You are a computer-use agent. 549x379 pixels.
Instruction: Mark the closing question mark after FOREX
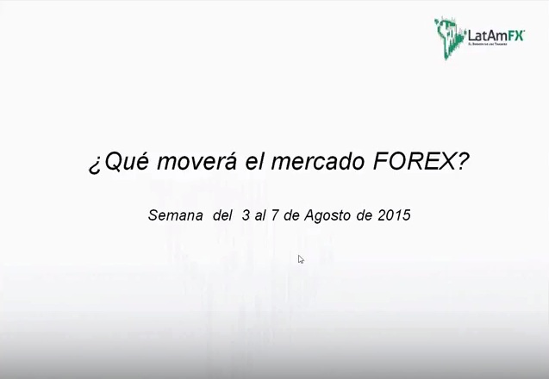[x=462, y=162]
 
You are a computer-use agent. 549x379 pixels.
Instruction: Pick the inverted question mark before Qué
[x=95, y=164]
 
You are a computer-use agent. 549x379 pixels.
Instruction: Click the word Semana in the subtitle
[x=175, y=215]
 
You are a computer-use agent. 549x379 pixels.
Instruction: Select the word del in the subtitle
[x=222, y=215]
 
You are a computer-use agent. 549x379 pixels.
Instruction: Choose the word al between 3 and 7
[x=261, y=215]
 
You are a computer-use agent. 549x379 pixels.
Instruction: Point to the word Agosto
[x=325, y=216]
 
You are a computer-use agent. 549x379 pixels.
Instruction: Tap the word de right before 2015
[x=363, y=215]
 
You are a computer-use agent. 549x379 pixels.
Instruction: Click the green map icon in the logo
[x=448, y=37]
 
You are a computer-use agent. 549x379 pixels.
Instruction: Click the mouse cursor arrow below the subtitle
[x=301, y=259]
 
